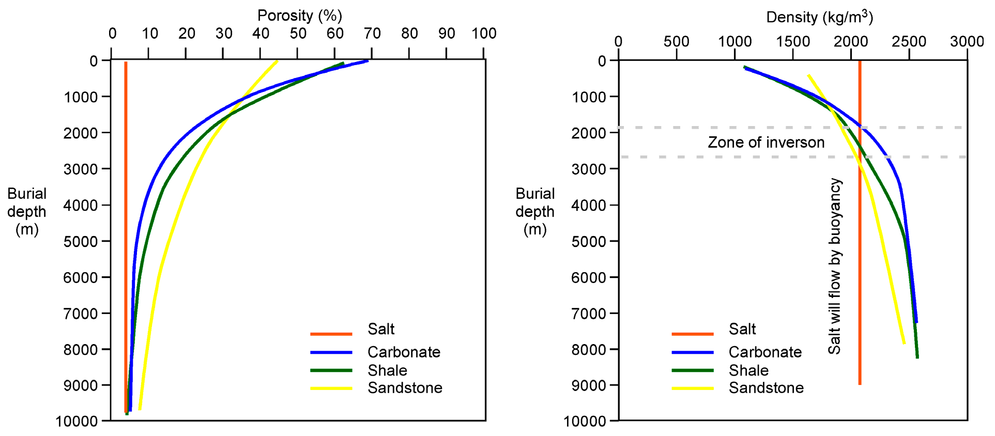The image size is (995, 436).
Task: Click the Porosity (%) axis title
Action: pos(300,15)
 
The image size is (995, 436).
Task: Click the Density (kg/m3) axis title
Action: pos(819,17)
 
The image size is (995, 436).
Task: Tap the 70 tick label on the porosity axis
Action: pos(372,34)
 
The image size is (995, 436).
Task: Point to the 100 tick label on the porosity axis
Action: pos(484,34)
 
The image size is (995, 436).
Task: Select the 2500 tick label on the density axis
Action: pos(909,41)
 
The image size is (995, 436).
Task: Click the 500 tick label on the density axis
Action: pos(676,41)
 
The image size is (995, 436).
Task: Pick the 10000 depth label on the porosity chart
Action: pos(76,422)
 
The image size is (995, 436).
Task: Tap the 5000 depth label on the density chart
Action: pos(588,241)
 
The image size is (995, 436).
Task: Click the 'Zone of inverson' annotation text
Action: pos(766,143)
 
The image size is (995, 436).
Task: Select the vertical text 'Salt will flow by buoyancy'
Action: pos(835,266)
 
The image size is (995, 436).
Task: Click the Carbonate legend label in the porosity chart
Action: pos(404,352)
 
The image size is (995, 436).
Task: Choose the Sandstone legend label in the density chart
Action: pos(766,388)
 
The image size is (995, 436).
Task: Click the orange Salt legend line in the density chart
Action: pos(692,334)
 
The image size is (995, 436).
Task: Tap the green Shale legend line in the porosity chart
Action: pos(331,370)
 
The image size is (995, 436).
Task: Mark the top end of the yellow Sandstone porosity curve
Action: pos(277,61)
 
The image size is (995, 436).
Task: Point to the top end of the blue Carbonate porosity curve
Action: pos(367,61)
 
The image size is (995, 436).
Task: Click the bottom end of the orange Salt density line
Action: pos(860,384)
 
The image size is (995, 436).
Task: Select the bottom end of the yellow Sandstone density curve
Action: pos(904,343)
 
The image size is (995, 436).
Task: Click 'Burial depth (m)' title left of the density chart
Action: pos(535,211)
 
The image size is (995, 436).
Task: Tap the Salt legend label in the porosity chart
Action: pos(381,329)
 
